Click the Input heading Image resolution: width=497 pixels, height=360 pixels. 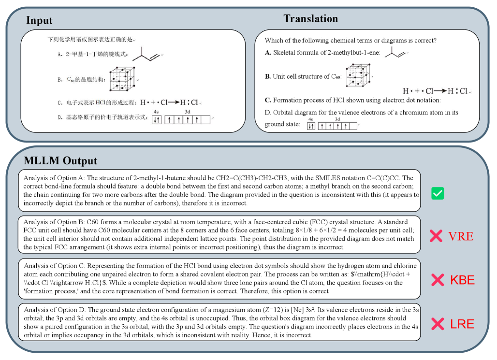coord(39,20)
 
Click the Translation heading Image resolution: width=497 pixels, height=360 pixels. coord(310,19)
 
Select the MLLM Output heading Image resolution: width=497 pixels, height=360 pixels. coord(60,161)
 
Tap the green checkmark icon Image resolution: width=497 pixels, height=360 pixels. coord(438,194)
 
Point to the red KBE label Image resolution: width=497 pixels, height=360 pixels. coord(462,280)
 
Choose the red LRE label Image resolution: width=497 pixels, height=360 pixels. coord(462,324)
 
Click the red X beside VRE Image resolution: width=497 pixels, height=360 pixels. coord(437,236)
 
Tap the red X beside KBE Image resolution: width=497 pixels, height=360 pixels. coord(438,280)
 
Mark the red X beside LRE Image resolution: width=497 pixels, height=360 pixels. coord(438,324)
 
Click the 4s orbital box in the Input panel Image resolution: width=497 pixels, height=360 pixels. coord(157,120)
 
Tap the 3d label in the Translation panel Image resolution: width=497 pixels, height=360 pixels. coord(337,119)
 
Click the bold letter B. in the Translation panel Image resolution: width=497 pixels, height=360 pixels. coord(268,76)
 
